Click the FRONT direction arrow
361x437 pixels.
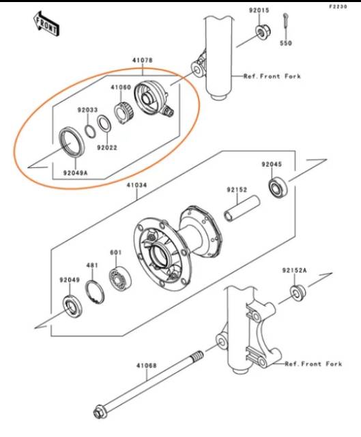[x=46, y=24]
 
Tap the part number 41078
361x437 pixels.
[x=143, y=60]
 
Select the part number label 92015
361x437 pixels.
[x=259, y=11]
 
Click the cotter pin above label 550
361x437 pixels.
[x=286, y=20]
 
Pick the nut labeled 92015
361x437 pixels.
[x=263, y=32]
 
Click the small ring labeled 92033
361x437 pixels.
[x=90, y=130]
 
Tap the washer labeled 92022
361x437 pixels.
[x=104, y=123]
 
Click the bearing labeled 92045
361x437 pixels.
[x=277, y=187]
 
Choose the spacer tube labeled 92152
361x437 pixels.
[x=242, y=209]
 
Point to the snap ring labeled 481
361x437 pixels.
[x=95, y=292]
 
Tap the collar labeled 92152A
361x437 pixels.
[x=298, y=293]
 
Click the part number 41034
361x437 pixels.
[x=136, y=185]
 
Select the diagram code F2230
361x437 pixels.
[x=338, y=7]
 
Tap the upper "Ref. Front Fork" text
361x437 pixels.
[x=272, y=76]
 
